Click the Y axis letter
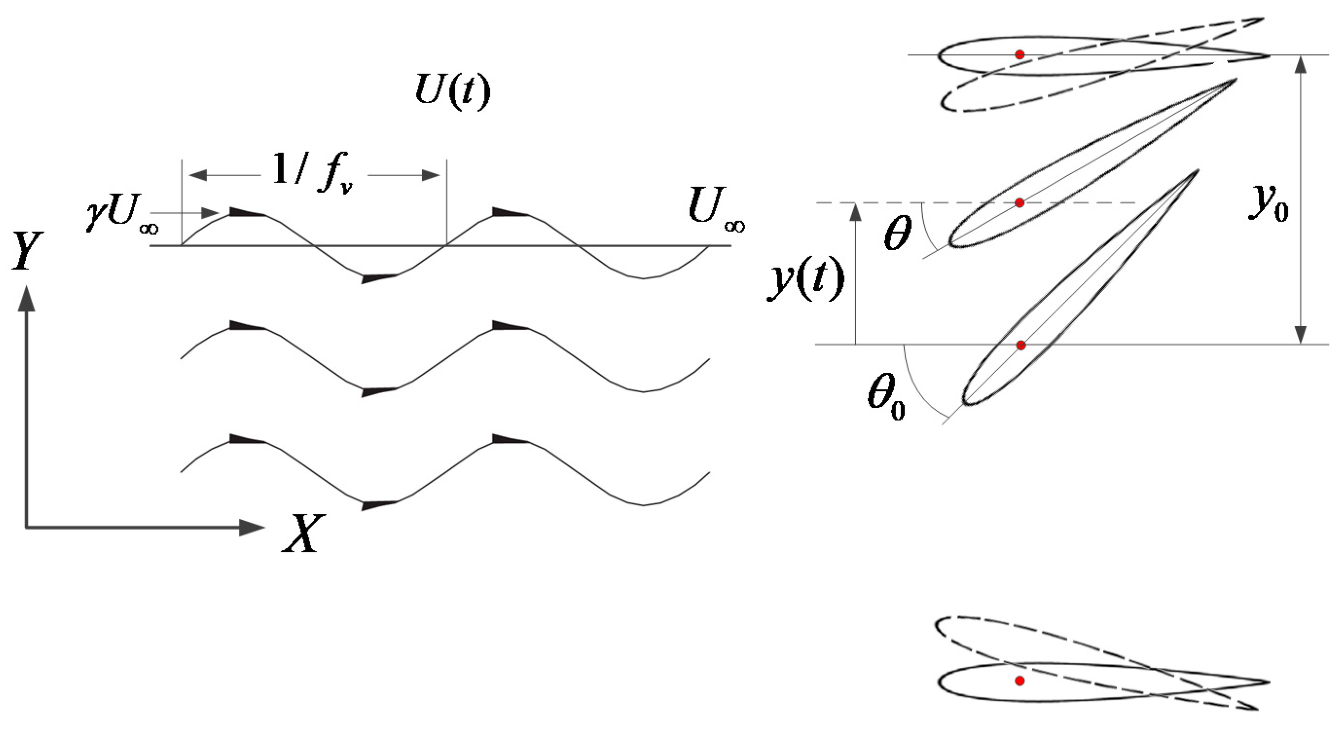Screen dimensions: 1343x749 pos(27,251)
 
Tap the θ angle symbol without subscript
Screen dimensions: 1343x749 pos(898,234)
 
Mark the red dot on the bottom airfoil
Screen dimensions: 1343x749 pos(1020,681)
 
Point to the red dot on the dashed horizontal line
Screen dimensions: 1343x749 pos(1020,202)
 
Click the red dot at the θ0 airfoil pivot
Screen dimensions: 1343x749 pos(1021,345)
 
